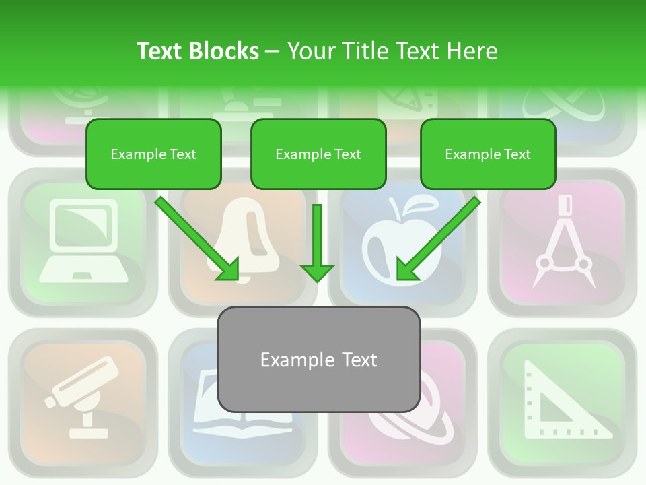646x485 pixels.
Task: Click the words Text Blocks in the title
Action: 197,51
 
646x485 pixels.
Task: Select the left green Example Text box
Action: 153,154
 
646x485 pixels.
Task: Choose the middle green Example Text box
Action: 318,154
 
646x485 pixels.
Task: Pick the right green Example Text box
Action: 488,154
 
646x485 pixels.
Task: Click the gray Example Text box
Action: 318,359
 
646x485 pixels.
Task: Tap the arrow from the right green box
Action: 438,238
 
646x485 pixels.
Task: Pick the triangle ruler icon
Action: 563,401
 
